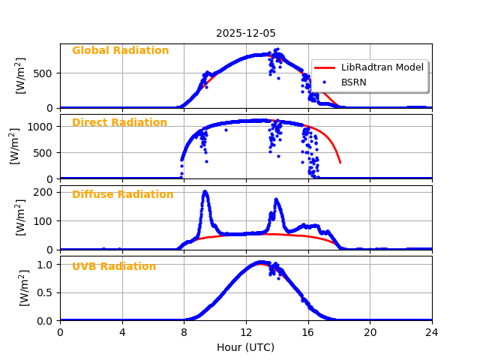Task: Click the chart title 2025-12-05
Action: pos(246,34)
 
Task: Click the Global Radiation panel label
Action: pos(120,51)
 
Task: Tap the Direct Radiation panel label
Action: pos(119,123)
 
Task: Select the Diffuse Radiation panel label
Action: pos(122,195)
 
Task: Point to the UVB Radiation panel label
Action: pos(114,267)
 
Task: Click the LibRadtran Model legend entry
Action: pos(382,67)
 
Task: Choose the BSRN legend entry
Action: pos(354,82)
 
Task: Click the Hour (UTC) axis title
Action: pos(246,347)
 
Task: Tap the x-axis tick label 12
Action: pos(246,332)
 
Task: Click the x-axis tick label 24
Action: pos(432,332)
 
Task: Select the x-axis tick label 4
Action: pos(122,332)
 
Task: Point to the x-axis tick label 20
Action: pos(370,332)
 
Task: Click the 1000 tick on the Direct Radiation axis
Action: pos(43,127)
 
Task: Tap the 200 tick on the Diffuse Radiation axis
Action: pos(46,192)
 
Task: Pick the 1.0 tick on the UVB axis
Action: pos(46,265)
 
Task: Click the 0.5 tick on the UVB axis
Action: pos(46,292)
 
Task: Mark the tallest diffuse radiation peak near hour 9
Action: pos(205,192)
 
